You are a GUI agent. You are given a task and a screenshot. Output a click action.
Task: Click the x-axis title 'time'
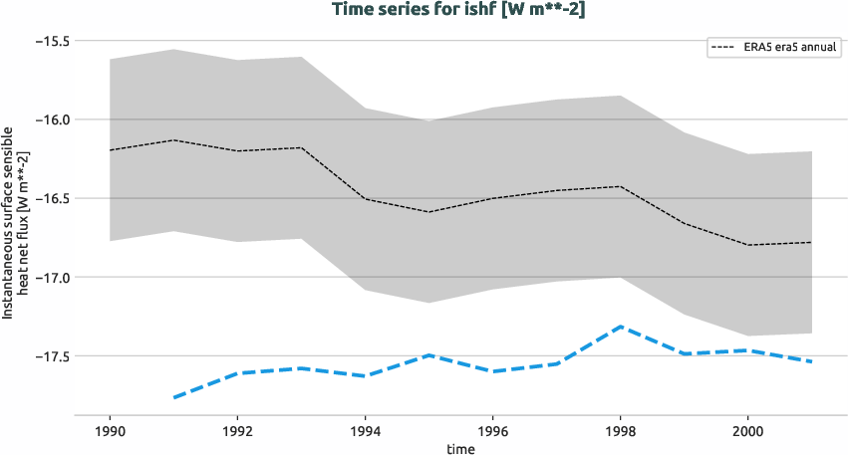pyautogui.click(x=460, y=448)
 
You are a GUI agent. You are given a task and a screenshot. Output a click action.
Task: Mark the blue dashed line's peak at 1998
pyautogui.click(x=620, y=327)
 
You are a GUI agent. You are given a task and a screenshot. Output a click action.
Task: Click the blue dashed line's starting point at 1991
pyautogui.click(x=174, y=397)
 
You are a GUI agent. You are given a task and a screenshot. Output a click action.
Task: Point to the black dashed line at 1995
pyautogui.click(x=428, y=212)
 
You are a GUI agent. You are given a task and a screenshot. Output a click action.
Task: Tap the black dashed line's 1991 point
pyautogui.click(x=174, y=140)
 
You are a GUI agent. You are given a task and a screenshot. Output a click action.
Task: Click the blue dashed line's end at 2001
pyautogui.click(x=811, y=361)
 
